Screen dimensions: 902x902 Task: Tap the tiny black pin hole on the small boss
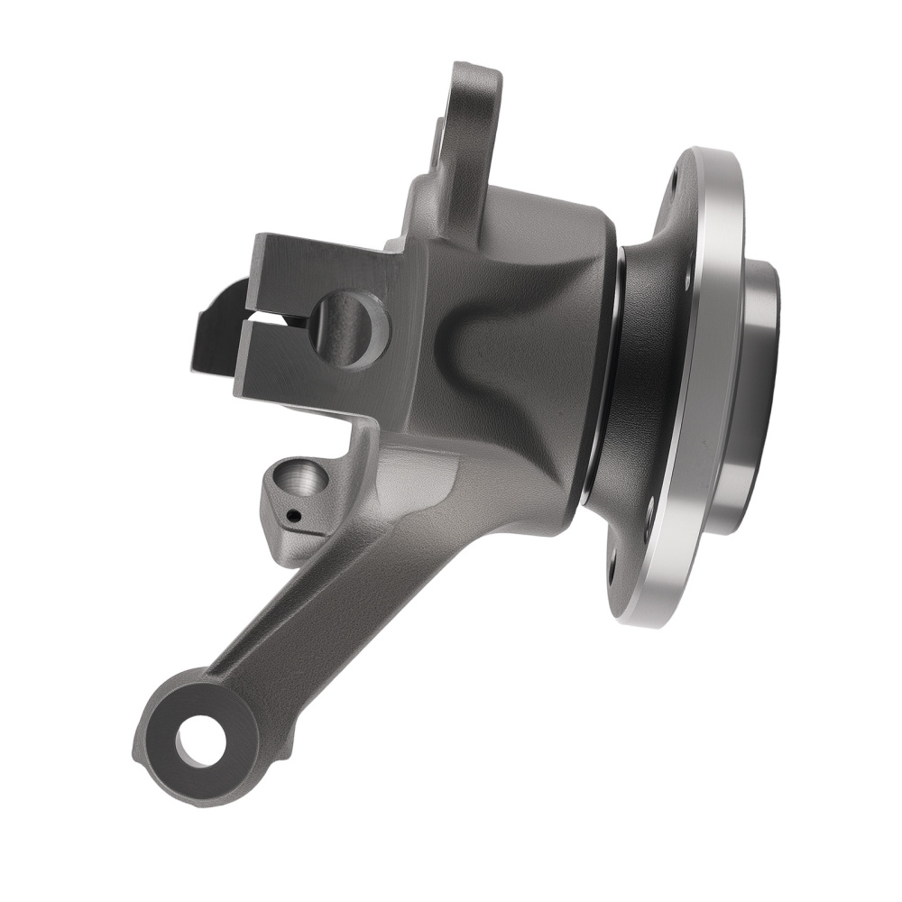(292, 517)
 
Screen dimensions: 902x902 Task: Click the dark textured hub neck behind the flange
(645, 379)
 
